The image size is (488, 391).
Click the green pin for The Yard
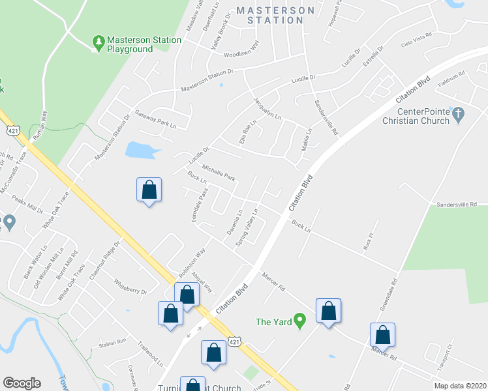pyautogui.click(x=299, y=321)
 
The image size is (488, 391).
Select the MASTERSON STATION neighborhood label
pyautogui.click(x=270, y=15)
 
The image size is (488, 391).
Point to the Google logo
pyautogui.click(x=22, y=383)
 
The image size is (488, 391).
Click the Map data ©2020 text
pyautogui.click(x=459, y=386)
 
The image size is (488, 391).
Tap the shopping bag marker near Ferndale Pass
pyautogui.click(x=149, y=190)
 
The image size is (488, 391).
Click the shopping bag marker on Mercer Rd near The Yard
pyautogui.click(x=328, y=310)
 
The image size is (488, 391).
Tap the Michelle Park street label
pyautogui.click(x=218, y=173)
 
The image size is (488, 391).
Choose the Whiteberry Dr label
pyautogui.click(x=130, y=287)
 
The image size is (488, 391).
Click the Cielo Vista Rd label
pyautogui.click(x=418, y=40)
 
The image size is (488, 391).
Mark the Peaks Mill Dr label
pyautogui.click(x=27, y=206)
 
